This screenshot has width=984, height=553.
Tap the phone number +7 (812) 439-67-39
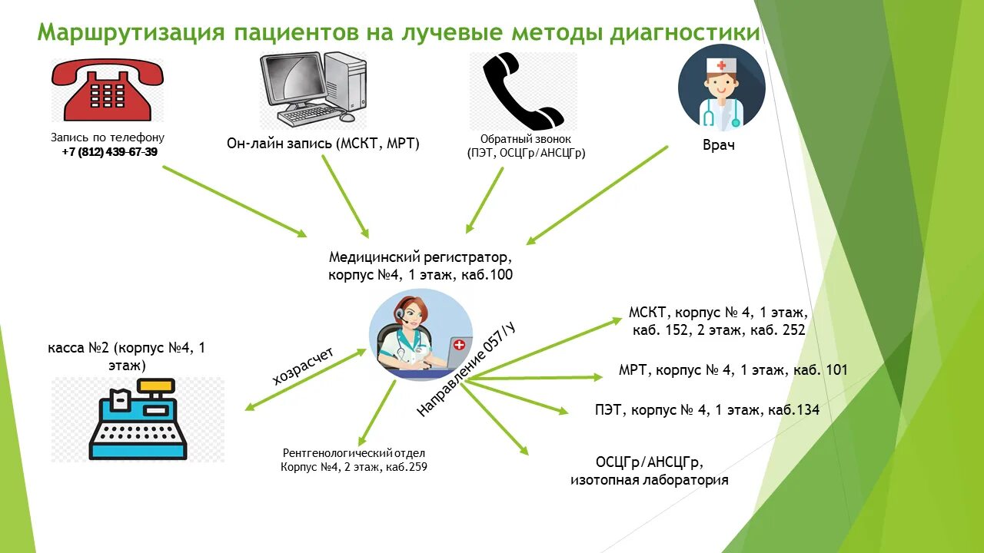click(110, 152)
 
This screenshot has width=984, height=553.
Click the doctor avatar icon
click(721, 88)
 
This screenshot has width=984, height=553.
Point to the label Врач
click(719, 144)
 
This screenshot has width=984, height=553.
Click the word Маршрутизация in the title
click(131, 33)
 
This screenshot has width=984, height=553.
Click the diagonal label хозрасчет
click(303, 366)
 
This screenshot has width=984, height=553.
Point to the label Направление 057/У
click(466, 370)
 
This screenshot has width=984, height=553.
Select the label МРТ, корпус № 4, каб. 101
click(733, 370)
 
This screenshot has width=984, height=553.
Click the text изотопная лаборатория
click(649, 481)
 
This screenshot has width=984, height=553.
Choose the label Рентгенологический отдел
click(354, 453)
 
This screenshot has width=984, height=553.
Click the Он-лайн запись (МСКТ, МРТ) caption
click(323, 143)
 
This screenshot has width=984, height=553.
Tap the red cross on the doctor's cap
click(721, 66)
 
